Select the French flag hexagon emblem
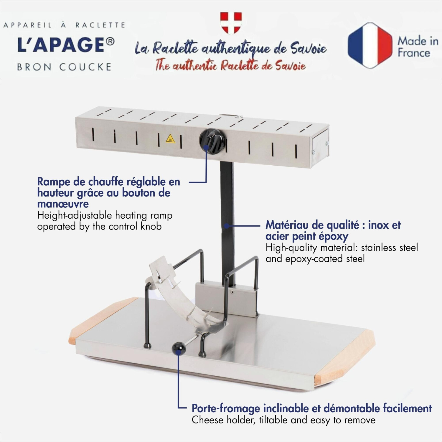point(370,46)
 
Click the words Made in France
point(418,47)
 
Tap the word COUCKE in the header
point(85,67)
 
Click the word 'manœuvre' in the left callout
point(63,204)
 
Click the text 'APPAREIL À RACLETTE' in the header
point(64,25)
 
